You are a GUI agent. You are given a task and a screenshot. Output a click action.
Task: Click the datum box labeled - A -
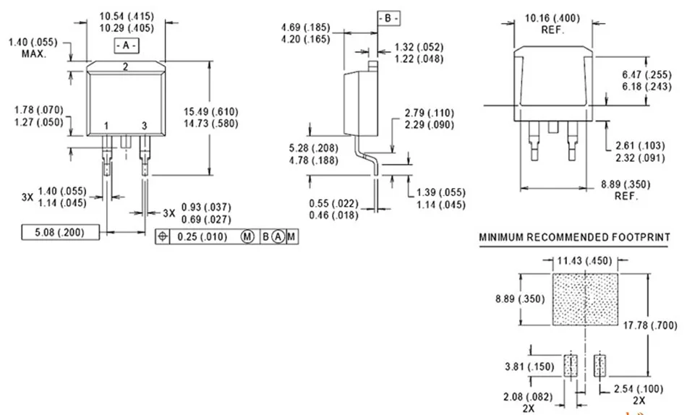point(127,46)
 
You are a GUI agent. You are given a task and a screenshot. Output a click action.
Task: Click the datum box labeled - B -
point(388,18)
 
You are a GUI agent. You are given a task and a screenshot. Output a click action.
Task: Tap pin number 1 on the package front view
point(106,127)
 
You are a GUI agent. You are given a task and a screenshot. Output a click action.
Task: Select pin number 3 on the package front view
point(144,127)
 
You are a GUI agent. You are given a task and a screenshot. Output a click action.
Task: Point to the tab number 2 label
point(125,67)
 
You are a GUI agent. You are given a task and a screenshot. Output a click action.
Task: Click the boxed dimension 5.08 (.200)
point(60,232)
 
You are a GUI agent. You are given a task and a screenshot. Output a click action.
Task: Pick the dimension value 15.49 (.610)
point(210,112)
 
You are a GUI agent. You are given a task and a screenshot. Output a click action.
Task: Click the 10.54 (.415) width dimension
point(127,17)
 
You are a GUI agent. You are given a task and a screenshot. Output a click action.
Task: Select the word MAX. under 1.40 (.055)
point(34,54)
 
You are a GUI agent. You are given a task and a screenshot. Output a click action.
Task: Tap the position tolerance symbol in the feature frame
point(163,236)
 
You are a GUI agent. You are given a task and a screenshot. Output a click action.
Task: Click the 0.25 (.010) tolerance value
point(202,237)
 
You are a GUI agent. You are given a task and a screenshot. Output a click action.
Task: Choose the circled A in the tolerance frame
point(278,237)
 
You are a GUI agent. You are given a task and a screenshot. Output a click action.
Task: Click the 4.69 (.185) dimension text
point(305,27)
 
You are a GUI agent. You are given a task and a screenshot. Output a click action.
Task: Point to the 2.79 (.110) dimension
point(430,113)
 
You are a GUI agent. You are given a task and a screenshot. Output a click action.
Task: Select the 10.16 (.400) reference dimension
point(552,18)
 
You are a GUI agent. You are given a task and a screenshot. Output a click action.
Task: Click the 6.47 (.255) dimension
point(647,74)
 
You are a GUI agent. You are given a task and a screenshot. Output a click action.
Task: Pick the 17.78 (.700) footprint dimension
point(650,325)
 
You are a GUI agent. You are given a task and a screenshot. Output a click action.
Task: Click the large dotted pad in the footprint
point(585,300)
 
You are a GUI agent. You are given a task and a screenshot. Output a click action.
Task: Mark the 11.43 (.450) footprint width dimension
point(584,261)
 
